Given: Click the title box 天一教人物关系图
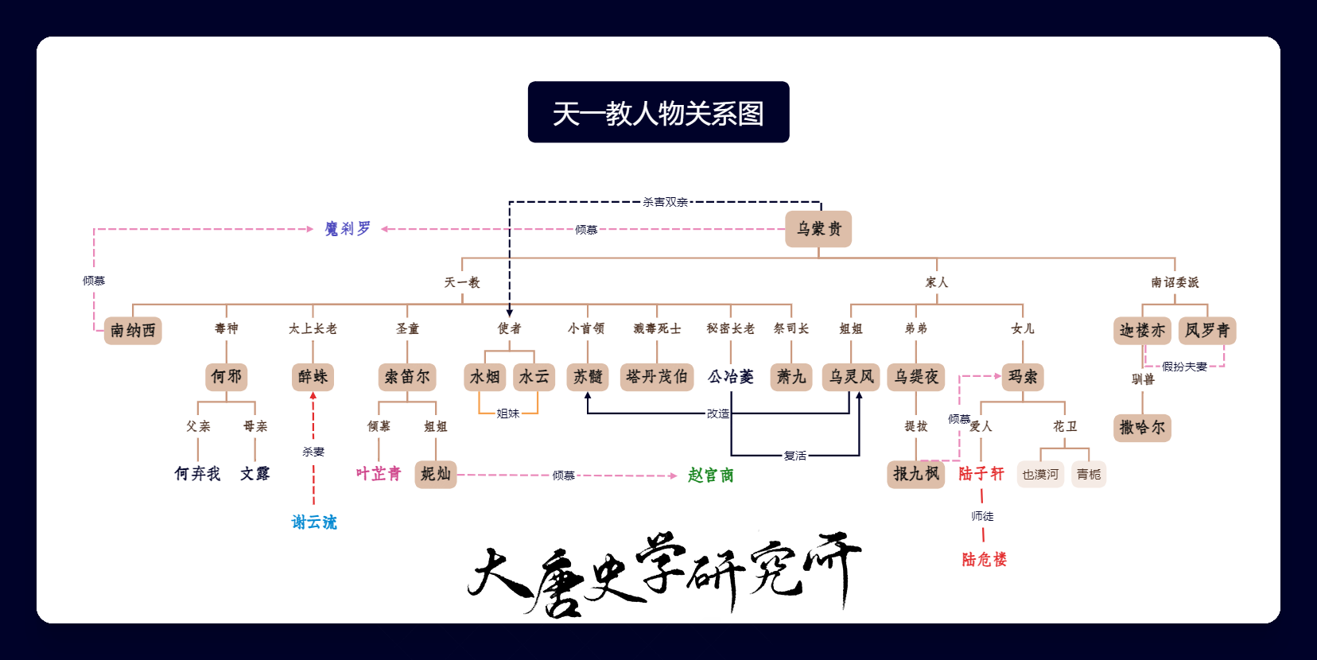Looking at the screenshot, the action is click(658, 112).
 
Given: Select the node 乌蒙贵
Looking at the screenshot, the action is click(818, 229).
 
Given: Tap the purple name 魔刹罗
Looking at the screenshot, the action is click(348, 229).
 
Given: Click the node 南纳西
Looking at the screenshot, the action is click(133, 330).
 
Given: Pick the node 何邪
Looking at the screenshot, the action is click(227, 377).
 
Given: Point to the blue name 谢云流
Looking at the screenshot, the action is click(314, 522).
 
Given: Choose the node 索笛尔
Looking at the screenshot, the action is click(407, 377).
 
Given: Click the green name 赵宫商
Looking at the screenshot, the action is click(711, 475).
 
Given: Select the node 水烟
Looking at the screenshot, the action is click(485, 377).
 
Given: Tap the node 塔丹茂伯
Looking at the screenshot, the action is click(657, 377).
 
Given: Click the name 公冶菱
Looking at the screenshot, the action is click(731, 377).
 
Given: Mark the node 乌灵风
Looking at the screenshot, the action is click(851, 377).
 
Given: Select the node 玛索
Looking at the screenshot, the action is click(1023, 377).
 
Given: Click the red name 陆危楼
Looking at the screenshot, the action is click(985, 559).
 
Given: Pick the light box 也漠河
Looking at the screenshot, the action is click(1040, 474).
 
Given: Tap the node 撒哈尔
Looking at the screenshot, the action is click(1142, 428).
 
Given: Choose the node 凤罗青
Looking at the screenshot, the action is click(1207, 330).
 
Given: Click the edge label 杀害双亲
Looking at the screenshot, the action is click(665, 202).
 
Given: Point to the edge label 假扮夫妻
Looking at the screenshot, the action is click(1184, 367).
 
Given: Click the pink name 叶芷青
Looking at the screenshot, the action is click(379, 474).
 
